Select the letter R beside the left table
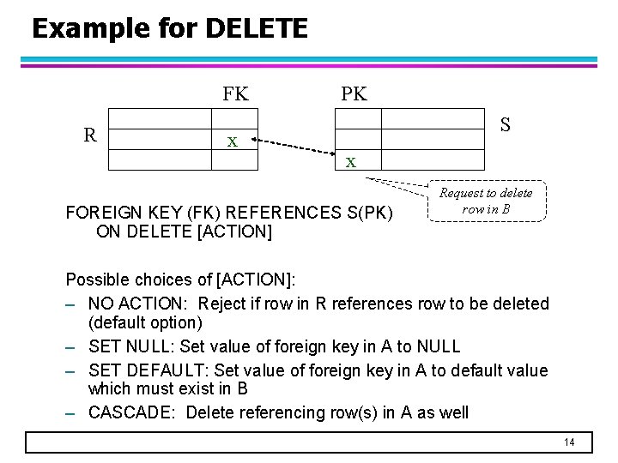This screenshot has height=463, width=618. coord(89,134)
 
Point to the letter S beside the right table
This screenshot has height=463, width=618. coord(506,125)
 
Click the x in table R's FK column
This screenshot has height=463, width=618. coord(232,140)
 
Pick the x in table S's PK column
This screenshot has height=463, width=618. coord(350,160)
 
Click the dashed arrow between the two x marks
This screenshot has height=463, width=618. coord(292,147)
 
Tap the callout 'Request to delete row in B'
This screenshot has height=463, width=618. coord(486,201)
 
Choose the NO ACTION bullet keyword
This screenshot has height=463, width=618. coord(137,304)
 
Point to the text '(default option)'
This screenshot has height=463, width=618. coord(145,322)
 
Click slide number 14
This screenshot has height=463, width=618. coord(569,442)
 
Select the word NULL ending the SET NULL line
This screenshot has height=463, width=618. coord(437,346)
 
